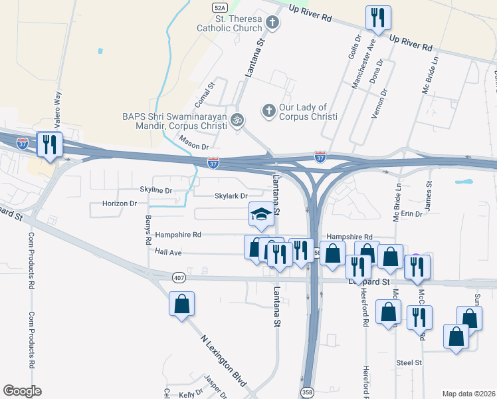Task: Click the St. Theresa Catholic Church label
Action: pos(229,23)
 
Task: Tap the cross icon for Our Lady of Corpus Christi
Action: pos(269,110)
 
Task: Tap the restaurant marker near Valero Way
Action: pos(50,144)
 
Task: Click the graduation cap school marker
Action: pos(261,214)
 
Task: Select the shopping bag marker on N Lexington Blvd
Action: pos(181,305)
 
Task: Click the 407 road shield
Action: pos(179,277)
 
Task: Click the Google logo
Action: pos(22,391)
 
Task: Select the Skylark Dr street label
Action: pos(231,196)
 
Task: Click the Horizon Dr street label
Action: pos(120,203)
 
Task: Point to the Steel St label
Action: pos(409,362)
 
